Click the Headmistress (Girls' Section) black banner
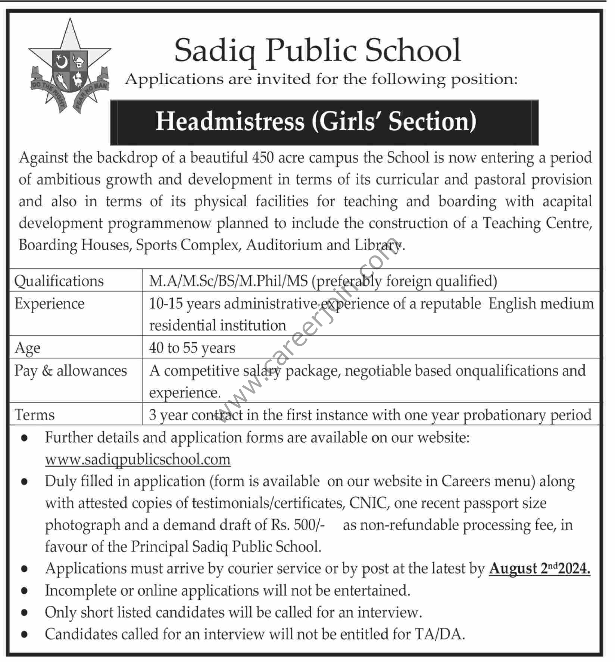324,122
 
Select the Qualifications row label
59,281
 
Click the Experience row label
49,304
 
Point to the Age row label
27,348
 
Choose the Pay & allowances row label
71,371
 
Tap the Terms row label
34,415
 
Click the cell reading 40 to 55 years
192,348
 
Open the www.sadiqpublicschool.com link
138,459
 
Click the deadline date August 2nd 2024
540,569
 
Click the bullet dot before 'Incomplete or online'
25,591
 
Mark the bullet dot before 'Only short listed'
25,613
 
